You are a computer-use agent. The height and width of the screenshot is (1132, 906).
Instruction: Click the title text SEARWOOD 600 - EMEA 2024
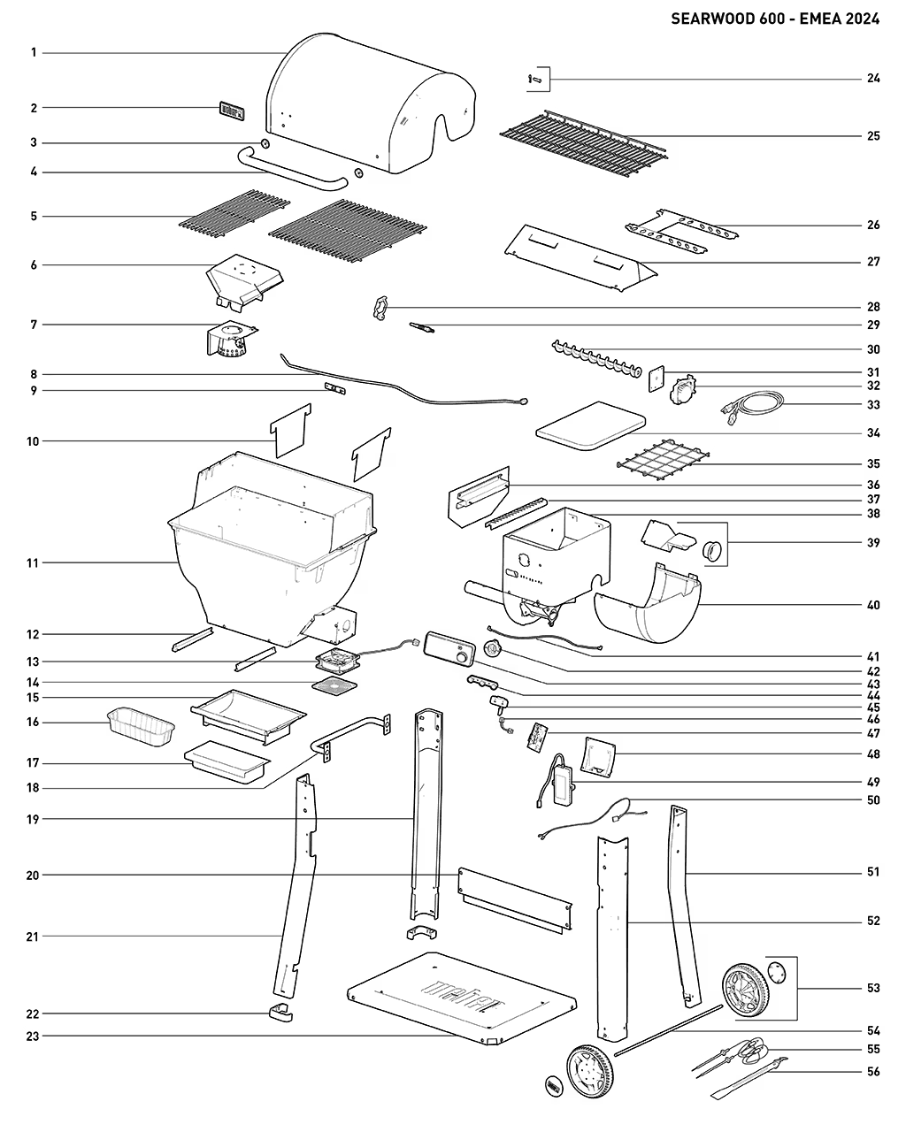click(775, 19)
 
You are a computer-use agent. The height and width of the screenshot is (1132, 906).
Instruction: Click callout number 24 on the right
click(873, 79)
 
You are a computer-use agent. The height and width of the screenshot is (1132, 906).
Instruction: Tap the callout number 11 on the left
click(34, 562)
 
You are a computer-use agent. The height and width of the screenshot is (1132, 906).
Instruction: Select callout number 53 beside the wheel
click(873, 988)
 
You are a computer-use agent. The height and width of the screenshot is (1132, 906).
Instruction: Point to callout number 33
click(873, 405)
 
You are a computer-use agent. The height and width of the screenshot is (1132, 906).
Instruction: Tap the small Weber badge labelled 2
click(230, 111)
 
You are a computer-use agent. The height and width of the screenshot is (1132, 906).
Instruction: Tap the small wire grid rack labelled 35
click(662, 461)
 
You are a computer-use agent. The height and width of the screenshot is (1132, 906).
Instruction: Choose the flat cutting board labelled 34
click(589, 424)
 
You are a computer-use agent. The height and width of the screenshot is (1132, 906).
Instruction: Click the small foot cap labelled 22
click(280, 1013)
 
